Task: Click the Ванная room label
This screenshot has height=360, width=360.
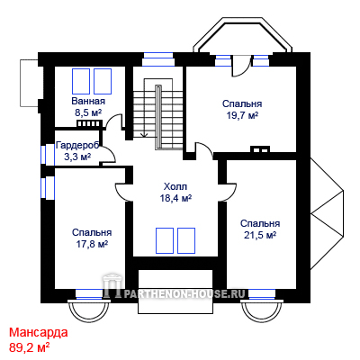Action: pos(88,101)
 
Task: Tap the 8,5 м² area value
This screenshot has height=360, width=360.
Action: pos(88,112)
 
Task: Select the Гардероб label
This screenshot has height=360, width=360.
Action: pos(77,146)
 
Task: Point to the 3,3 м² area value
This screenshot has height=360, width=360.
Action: pos(77,157)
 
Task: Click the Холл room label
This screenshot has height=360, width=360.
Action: pos(175,186)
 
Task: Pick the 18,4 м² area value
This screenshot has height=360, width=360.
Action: pos(175,198)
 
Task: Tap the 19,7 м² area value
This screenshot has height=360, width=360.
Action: pos(242,115)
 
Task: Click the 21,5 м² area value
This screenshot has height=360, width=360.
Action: pos(260,235)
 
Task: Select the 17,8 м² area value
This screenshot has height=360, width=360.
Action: pos(92,244)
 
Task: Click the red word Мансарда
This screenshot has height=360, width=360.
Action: pos(39,332)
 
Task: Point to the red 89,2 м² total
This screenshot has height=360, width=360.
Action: pos(30,347)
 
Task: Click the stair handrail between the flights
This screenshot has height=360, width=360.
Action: pos(158,117)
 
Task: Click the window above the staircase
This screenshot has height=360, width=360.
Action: pos(158,59)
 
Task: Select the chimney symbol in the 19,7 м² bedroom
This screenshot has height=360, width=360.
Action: pos(260,149)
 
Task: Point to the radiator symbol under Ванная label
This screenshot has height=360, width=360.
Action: pos(90,124)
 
